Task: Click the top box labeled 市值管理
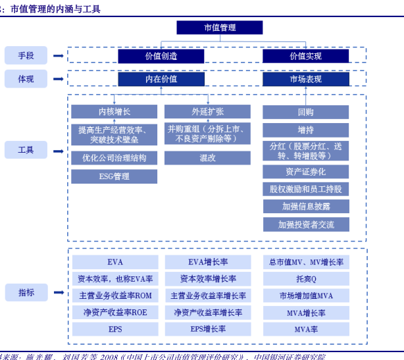(x=219, y=28)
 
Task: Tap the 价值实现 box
(x=305, y=56)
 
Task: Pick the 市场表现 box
(x=305, y=79)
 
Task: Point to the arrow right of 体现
(x=59, y=79)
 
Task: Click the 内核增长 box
(x=114, y=111)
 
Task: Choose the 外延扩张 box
(x=207, y=111)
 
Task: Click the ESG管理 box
(x=114, y=176)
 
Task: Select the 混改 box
(x=207, y=158)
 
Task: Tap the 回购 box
(x=305, y=112)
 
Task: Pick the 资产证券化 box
(x=305, y=172)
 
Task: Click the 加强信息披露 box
(x=305, y=207)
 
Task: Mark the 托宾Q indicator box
(x=305, y=279)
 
